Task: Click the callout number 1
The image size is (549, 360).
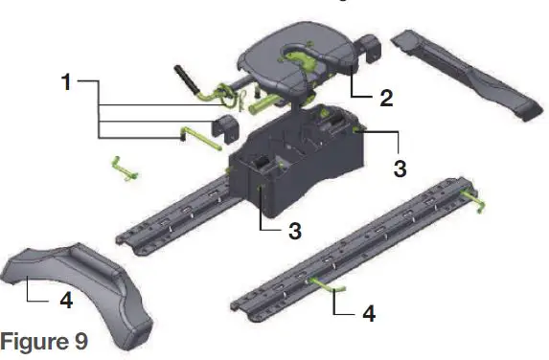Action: pos(66,82)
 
